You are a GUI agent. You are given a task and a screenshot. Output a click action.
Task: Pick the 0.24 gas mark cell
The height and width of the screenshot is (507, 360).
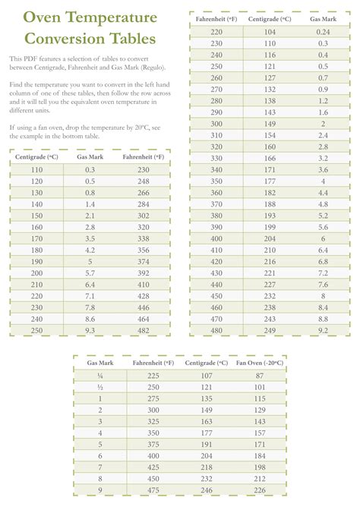click(x=324, y=32)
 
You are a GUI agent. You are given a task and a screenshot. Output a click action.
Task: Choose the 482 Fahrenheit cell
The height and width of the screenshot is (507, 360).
click(x=143, y=331)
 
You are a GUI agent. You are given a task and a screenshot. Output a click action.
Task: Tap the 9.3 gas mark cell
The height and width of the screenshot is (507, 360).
click(x=90, y=331)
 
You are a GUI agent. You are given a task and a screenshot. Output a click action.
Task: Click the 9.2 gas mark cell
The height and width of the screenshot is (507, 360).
click(x=324, y=330)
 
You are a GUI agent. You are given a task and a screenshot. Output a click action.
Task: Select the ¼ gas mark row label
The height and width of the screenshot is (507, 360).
click(x=100, y=376)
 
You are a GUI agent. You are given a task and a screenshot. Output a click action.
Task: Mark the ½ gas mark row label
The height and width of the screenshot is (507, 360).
click(x=100, y=387)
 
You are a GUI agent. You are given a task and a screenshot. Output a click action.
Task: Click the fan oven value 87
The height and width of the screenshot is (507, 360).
click(x=260, y=376)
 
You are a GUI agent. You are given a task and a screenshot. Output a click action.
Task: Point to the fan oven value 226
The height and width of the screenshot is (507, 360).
click(x=260, y=490)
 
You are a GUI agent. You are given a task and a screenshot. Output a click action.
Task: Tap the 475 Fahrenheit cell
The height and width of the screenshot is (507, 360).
click(x=153, y=490)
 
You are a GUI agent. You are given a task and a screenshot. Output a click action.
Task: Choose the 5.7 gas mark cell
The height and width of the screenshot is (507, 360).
click(x=90, y=272)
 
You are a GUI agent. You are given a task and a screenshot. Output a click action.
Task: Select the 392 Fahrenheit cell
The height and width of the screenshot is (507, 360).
click(x=143, y=272)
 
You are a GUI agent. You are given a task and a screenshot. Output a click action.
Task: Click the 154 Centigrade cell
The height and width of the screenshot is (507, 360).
click(x=270, y=134)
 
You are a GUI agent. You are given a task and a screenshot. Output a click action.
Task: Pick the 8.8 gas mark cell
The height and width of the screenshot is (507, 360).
click(x=324, y=320)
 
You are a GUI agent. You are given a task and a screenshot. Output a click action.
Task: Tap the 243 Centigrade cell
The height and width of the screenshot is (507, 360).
click(x=270, y=320)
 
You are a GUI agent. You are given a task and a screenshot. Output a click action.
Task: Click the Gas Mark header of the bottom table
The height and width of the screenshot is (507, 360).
click(x=100, y=364)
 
